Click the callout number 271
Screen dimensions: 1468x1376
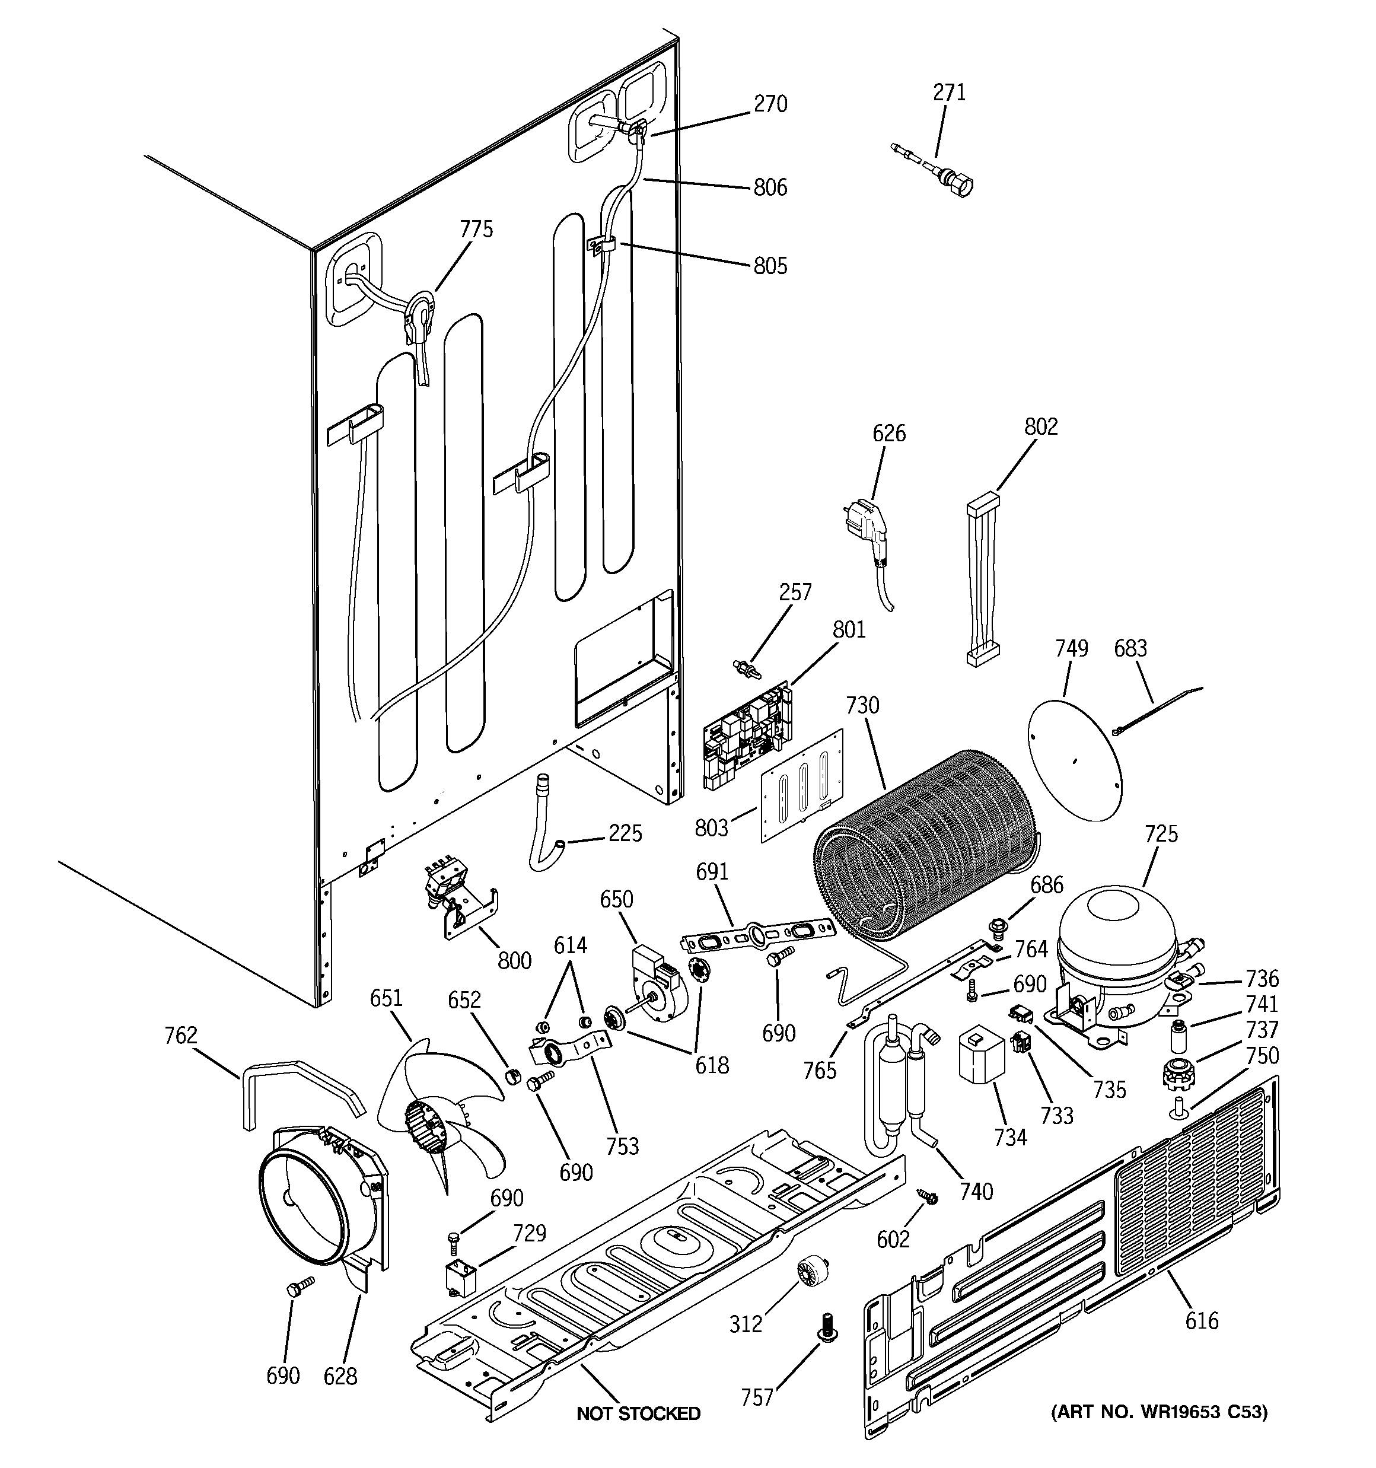(x=949, y=93)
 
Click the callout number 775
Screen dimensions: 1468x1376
(x=476, y=229)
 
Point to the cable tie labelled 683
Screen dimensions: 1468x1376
(x=1152, y=709)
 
